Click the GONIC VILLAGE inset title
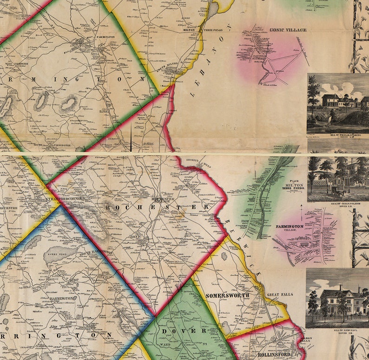tap(288, 30)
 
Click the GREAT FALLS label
tap(279, 295)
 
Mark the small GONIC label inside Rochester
tap(135, 236)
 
